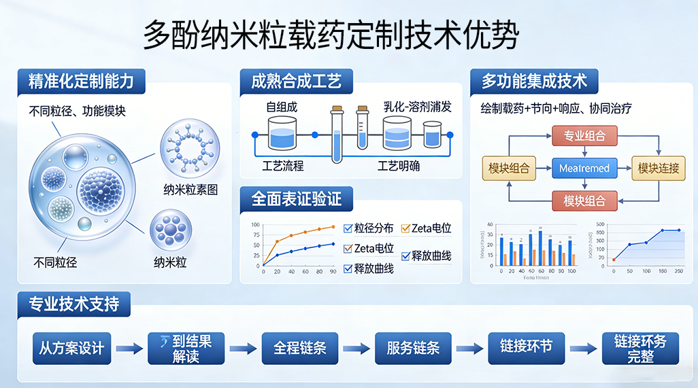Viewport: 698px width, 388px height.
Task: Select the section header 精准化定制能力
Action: (81, 82)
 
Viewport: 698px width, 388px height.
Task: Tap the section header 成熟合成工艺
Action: (297, 82)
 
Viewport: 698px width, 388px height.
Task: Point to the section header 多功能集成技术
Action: (534, 82)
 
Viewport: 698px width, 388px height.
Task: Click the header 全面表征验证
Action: (297, 198)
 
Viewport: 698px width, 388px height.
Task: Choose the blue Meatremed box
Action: (584, 168)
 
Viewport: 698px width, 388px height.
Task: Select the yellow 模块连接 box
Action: (658, 168)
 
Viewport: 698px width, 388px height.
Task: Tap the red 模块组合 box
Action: (584, 200)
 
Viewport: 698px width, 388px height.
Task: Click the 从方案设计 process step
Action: (71, 348)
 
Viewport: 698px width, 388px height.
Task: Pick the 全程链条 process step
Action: (300, 348)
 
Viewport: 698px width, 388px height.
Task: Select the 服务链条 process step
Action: (413, 348)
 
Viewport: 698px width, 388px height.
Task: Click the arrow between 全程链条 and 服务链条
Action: (356, 349)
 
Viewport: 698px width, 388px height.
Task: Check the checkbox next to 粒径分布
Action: (347, 228)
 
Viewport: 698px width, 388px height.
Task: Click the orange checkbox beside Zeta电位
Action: (405, 228)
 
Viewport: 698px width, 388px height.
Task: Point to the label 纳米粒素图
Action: (190, 190)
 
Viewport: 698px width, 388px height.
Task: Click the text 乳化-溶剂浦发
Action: (417, 107)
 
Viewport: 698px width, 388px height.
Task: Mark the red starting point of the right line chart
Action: (614, 260)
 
